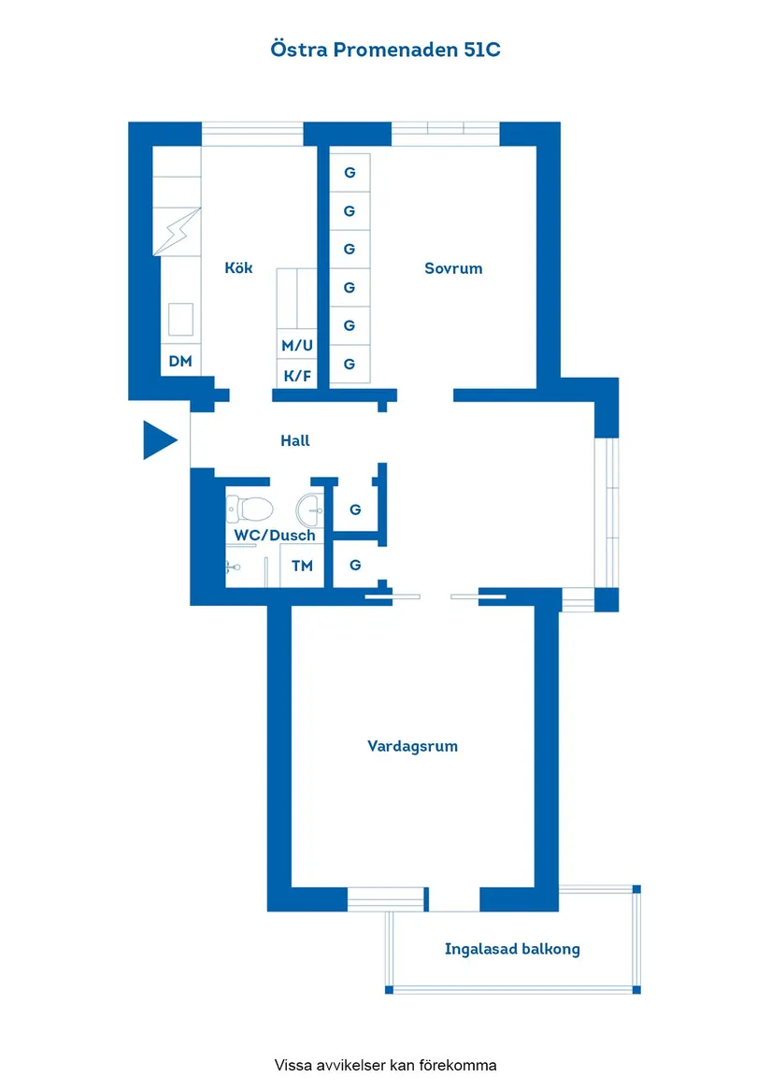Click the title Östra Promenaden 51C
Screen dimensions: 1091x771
point(385,50)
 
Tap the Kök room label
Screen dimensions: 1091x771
point(238,268)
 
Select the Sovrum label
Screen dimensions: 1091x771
point(453,268)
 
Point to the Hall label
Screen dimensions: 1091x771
point(294,440)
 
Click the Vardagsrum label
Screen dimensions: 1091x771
point(412,746)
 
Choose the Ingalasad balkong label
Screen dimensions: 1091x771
point(512,949)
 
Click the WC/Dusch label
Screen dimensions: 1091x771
point(274,536)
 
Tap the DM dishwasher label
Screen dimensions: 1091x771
point(180,360)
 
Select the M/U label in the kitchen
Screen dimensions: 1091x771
point(297,345)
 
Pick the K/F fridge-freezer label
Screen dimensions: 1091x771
point(297,375)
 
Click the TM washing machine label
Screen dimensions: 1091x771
point(302,566)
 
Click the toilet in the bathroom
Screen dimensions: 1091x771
point(250,510)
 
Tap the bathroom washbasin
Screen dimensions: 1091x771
point(309,510)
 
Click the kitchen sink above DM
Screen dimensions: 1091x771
point(180,318)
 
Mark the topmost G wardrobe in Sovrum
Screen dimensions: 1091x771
point(350,173)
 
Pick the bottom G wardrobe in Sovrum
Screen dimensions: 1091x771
point(350,364)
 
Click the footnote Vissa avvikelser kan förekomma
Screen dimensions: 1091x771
point(385,1065)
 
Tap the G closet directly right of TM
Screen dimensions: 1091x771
point(355,566)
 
